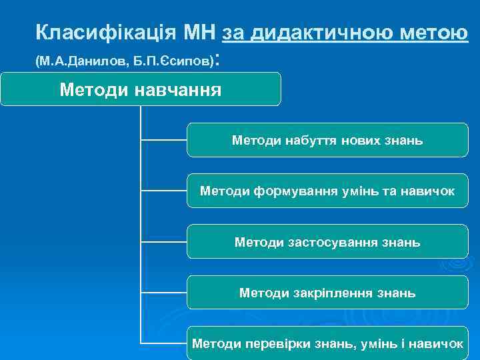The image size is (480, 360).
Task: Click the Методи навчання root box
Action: pos(140,89)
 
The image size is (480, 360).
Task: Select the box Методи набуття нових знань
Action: pos(327,140)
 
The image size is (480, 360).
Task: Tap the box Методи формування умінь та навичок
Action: pos(327,191)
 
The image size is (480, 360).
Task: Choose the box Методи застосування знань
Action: pos(327,242)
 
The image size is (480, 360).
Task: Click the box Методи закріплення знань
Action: pos(327,293)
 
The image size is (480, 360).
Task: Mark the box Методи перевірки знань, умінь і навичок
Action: pos(327,343)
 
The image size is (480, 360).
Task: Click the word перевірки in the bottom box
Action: pos(267,343)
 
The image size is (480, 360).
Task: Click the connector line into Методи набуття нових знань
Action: pos(164,140)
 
